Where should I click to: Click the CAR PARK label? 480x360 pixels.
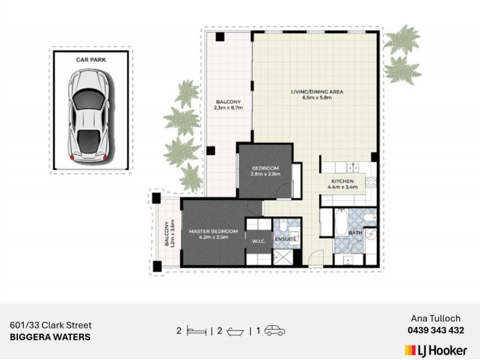pyautogui.click(x=91, y=59)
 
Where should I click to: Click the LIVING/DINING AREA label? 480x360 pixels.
pyautogui.click(x=317, y=92)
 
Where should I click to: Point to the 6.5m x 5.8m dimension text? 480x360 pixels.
pyautogui.click(x=317, y=98)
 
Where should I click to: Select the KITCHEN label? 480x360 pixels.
pyautogui.click(x=342, y=181)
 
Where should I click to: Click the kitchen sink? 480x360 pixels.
pyautogui.click(x=353, y=167)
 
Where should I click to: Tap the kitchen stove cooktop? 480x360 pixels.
pyautogui.click(x=371, y=182)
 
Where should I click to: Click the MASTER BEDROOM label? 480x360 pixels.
pyautogui.click(x=214, y=231)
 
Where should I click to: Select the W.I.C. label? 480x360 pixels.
pyautogui.click(x=259, y=241)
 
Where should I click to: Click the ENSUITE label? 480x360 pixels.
pyautogui.click(x=286, y=239)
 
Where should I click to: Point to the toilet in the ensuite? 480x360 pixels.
pyautogui.click(x=283, y=226)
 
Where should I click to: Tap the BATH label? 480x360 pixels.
pyautogui.click(x=355, y=233)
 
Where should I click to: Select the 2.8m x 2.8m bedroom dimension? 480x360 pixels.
pyautogui.click(x=265, y=174)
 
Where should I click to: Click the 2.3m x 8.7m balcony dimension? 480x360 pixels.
pyautogui.click(x=229, y=107)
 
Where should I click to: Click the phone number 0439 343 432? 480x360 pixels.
pyautogui.click(x=436, y=331)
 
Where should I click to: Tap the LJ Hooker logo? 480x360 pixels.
pyautogui.click(x=436, y=350)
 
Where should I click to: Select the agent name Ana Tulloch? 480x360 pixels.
pyautogui.click(x=436, y=319)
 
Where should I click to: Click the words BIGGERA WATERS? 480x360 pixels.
pyautogui.click(x=50, y=337)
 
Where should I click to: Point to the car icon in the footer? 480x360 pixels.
pyautogui.click(x=275, y=331)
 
